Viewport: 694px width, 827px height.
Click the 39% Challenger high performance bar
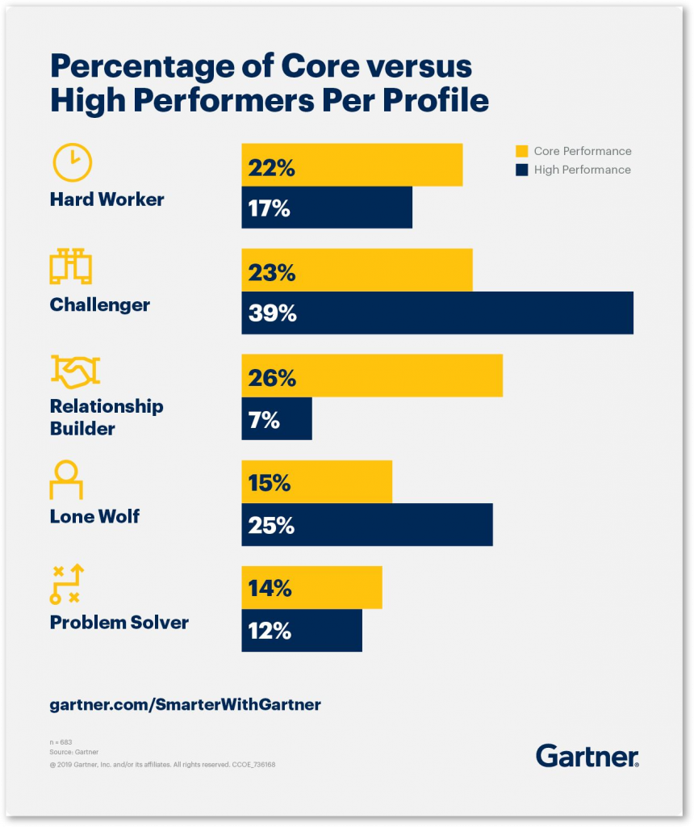tap(437, 313)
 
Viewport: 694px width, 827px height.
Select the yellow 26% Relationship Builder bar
tap(372, 376)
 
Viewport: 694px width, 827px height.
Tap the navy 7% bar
tap(277, 419)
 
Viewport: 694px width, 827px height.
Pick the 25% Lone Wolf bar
tap(367, 525)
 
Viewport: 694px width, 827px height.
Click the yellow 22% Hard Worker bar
tap(352, 165)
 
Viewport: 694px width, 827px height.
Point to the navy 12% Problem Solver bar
tap(302, 630)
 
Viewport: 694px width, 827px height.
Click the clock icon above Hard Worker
tap(72, 162)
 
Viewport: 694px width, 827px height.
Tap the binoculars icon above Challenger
tap(71, 267)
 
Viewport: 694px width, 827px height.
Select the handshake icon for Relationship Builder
tap(75, 372)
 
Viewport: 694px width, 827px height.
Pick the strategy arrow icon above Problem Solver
tap(67, 585)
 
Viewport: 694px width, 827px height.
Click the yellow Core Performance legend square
tap(521, 151)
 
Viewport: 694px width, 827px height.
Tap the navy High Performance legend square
tap(521, 170)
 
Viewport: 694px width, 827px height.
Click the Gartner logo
tap(587, 756)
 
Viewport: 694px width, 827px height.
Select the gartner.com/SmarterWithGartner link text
tap(185, 704)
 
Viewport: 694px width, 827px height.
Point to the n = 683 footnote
tap(61, 742)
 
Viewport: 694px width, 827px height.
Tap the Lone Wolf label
tap(95, 516)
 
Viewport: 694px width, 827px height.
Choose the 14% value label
tap(270, 588)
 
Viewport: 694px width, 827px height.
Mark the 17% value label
tap(269, 208)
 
